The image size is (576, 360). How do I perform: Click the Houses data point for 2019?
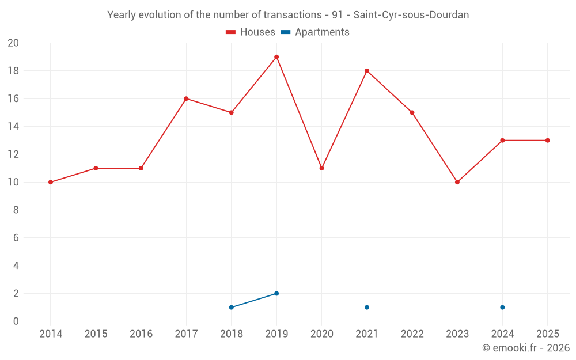276,57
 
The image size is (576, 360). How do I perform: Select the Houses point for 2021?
367,71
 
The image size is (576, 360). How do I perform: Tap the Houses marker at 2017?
186,98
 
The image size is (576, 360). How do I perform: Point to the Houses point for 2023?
457,182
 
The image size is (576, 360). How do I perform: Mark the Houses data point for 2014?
51,182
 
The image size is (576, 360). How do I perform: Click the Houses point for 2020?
322,168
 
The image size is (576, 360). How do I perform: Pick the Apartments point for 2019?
276,294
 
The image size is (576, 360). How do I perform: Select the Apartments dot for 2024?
502,308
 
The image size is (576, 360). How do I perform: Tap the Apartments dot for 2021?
367,308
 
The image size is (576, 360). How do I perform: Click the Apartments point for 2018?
232,308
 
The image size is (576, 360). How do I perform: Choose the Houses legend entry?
251,32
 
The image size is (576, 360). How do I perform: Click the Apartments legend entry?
315,32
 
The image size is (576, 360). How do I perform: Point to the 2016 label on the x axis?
141,334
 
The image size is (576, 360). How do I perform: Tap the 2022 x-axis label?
412,334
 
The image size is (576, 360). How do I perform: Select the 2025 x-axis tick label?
548,334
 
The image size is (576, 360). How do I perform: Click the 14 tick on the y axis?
13,127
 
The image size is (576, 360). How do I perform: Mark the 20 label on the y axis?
13,43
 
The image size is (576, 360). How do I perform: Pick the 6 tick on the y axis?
16,238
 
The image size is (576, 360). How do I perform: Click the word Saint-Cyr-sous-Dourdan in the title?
411,15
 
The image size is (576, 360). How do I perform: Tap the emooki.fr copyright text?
526,347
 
